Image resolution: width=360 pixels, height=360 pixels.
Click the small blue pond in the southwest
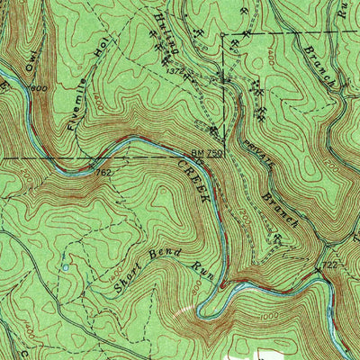pos(65,267)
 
